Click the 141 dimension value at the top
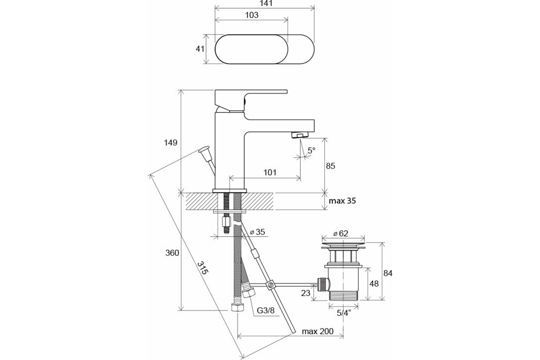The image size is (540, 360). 266,3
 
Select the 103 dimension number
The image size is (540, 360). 252,15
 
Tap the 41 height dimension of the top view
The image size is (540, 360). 200,49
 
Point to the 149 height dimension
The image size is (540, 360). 171,143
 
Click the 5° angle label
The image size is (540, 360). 311,150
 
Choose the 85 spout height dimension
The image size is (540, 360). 330,166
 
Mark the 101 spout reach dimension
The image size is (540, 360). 270,172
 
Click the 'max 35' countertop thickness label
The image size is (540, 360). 342,201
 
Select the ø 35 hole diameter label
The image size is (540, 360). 257,232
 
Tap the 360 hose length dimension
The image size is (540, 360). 172,253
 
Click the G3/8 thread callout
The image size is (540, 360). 265,310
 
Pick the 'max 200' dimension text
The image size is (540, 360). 318,331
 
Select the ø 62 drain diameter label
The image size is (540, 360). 341,234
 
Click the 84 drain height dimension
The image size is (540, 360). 388,273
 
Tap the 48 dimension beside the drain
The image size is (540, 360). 374,283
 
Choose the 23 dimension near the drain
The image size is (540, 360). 306,293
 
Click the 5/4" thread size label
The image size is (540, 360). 343,313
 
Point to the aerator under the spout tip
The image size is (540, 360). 300,135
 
